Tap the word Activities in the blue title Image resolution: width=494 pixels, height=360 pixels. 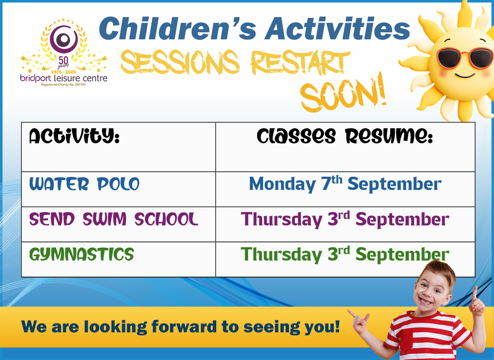(338, 28)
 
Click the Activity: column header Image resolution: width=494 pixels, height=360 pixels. (74, 136)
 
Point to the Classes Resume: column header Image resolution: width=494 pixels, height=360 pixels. (345, 136)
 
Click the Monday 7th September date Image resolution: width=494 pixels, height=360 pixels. (345, 184)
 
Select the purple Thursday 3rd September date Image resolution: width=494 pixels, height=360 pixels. (345, 219)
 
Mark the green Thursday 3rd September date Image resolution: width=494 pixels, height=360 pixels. (345, 254)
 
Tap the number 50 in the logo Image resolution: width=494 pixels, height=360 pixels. (63, 60)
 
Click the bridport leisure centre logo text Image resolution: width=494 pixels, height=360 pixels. (64, 78)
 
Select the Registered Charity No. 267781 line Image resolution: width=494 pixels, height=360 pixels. (63, 85)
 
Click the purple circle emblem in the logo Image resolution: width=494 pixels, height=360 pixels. (64, 39)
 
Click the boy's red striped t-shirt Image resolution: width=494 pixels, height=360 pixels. (432, 336)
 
